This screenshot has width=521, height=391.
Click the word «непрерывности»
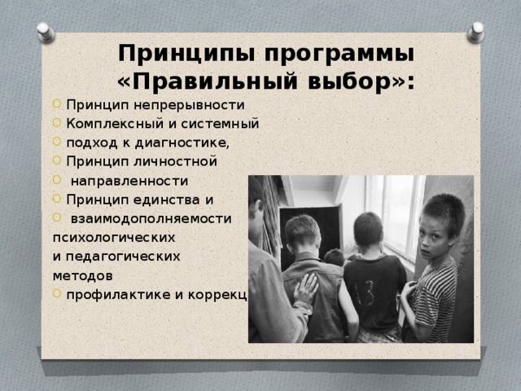tap(195, 105)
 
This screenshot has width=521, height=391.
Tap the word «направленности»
tap(129, 181)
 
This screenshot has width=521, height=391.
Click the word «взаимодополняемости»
tap(151, 219)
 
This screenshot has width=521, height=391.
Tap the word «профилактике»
tap(119, 294)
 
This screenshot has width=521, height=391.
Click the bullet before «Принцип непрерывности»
tap(56, 105)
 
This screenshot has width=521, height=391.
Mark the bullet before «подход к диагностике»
tap(56, 143)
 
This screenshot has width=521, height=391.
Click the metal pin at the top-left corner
tap(46, 33)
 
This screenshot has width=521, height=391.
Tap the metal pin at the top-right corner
tap(475, 32)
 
